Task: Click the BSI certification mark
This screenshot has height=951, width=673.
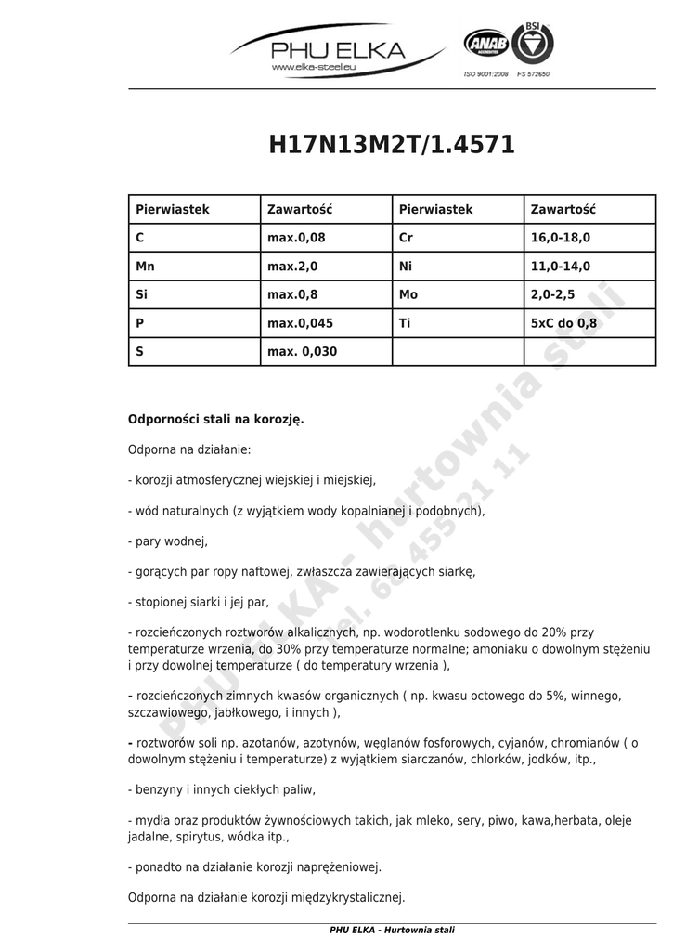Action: pos(533,43)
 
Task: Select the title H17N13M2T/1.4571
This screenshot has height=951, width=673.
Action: pos(392,145)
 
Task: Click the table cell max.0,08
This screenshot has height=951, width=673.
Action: pos(296,238)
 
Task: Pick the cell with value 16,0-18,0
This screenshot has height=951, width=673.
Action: pos(560,238)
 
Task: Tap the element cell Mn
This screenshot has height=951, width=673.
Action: pos(145,267)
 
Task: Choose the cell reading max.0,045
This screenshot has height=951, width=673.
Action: pos(300,323)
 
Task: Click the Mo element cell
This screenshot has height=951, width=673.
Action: pos(408,295)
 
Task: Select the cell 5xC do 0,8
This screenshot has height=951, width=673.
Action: pos(563,323)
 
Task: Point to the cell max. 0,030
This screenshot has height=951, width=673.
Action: pos(302,352)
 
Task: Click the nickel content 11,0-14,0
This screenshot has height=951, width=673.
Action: pos(560,267)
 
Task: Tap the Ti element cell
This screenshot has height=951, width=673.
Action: pos(405,323)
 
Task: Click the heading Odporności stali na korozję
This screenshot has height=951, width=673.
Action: pos(216,420)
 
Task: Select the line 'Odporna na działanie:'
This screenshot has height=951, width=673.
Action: pos(189,450)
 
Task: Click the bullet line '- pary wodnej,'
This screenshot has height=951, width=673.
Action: pos(168,541)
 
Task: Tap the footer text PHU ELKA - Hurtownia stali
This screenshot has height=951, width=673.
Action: pos(392,931)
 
